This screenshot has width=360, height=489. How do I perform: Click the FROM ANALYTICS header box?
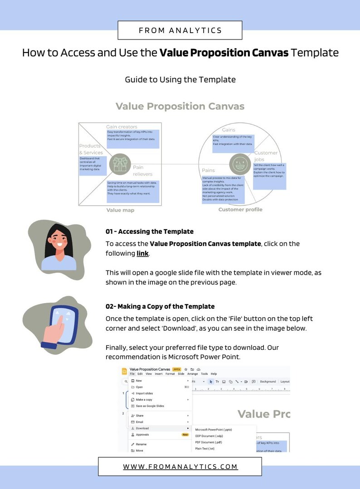tap(180, 30)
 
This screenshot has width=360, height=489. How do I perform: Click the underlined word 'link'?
tap(142, 253)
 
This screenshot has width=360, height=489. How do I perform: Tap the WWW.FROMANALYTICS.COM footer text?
tap(180, 466)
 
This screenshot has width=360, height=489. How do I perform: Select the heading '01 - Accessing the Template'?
tap(149, 232)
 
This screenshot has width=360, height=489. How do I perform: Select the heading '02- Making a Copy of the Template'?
tap(160, 306)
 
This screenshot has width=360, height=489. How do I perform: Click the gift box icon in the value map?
tap(120, 164)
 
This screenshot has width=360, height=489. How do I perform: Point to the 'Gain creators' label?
tap(122, 127)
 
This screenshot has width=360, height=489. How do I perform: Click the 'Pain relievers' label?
tap(142, 170)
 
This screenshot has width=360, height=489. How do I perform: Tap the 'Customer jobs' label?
tap(266, 156)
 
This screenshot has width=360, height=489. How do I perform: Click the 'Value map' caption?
tap(120, 210)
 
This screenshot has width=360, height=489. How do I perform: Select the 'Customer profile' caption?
tap(240, 209)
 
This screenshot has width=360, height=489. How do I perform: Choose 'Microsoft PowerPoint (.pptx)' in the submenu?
tap(213, 429)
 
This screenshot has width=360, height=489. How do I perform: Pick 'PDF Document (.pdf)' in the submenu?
tap(209, 442)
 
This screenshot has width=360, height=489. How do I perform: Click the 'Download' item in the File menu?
tap(142, 428)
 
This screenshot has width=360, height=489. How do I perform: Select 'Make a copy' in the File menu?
tap(144, 400)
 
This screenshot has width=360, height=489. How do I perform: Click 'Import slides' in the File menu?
tap(144, 393)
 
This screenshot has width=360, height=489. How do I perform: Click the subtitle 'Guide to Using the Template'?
tap(180, 79)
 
